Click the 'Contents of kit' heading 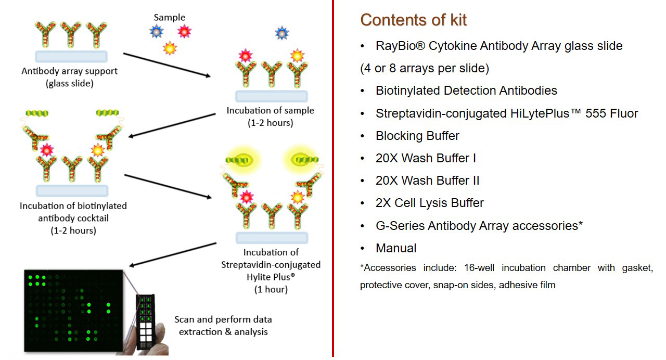tap(413, 20)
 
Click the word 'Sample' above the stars tap(170, 18)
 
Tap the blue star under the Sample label tap(157, 31)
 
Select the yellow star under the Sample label tap(170, 48)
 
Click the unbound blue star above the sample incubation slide tap(282, 33)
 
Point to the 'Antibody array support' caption tap(70, 71)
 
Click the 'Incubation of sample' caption tap(270, 110)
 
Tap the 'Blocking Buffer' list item tap(417, 136)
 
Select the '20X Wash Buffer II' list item tap(428, 181)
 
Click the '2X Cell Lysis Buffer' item tap(430, 203)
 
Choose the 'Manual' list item tap(396, 248)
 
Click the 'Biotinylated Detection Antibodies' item tap(466, 91)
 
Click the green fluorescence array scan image tap(73, 311)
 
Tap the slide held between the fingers tap(146, 322)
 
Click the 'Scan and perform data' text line tap(223, 319)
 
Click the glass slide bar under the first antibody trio tap(71, 57)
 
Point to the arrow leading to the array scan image tap(173, 254)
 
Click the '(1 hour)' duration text tap(271, 290)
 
